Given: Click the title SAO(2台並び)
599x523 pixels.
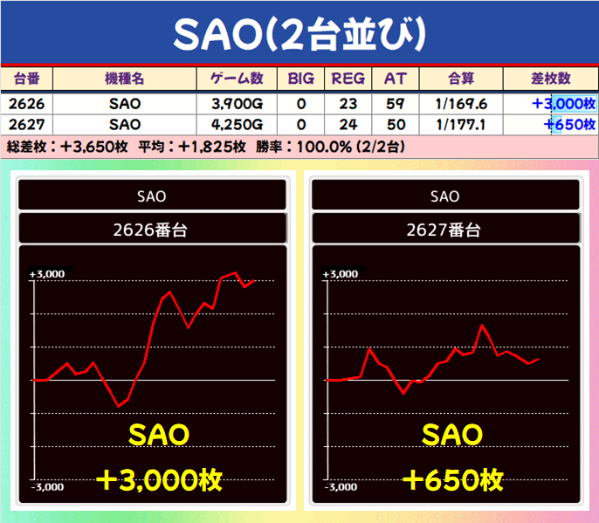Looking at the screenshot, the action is click(299, 34).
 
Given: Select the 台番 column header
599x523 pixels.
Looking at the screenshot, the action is click(26, 79).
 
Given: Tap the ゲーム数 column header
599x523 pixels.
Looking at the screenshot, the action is click(237, 79).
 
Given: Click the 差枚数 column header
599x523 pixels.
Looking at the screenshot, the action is click(550, 79).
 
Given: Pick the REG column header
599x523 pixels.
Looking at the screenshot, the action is click(348, 79).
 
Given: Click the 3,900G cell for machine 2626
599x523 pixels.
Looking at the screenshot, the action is click(238, 104).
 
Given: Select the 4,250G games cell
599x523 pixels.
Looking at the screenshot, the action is click(238, 125).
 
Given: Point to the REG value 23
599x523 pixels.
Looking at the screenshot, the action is click(348, 104).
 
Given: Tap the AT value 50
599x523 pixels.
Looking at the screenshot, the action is click(396, 125).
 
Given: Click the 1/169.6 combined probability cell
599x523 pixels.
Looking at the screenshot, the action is click(461, 104).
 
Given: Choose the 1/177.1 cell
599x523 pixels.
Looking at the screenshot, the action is click(461, 125).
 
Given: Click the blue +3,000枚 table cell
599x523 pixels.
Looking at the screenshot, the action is click(564, 104).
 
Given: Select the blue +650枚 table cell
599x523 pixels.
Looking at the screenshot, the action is click(569, 125).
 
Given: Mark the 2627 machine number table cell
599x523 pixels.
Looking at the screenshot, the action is click(26, 125).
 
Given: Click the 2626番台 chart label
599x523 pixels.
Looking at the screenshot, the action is click(150, 230).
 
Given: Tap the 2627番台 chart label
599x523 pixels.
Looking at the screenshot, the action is click(444, 230).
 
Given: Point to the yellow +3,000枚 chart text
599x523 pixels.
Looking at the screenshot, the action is click(159, 480).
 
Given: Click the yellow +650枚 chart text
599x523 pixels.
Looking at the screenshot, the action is click(453, 480).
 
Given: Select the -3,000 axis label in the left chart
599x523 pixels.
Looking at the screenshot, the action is click(47, 487).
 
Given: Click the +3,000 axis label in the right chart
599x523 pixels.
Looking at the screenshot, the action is click(341, 274).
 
